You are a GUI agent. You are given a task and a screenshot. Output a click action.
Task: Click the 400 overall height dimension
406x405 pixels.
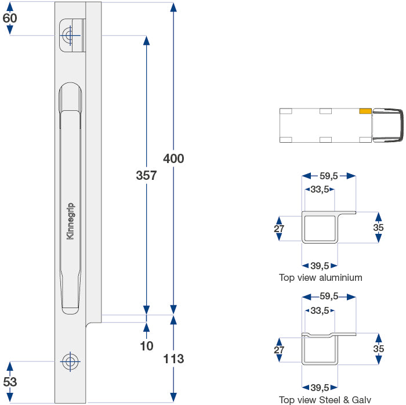point(173,158)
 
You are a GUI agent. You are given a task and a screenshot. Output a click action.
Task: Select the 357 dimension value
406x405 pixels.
point(146,175)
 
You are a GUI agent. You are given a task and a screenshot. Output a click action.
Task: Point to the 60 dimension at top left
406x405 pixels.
point(10,18)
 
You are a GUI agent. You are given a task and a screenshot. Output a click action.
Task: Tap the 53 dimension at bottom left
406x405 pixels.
point(10,381)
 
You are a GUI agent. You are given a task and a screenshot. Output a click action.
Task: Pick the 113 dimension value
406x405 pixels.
point(173,359)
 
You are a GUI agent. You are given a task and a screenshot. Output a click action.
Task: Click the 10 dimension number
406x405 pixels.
point(147,346)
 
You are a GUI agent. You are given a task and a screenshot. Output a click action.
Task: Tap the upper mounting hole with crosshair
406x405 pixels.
point(70,36)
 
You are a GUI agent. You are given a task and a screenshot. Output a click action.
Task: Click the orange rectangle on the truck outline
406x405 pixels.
point(365,111)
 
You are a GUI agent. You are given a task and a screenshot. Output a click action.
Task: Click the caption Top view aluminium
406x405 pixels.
point(320,277)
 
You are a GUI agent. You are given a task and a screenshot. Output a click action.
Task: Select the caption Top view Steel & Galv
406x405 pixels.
point(325,400)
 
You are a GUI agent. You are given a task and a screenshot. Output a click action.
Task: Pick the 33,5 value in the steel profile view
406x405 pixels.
point(320,310)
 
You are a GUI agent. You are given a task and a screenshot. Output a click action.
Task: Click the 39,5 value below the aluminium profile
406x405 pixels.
point(320,266)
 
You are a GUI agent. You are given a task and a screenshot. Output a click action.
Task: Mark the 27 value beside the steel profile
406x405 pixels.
point(279,350)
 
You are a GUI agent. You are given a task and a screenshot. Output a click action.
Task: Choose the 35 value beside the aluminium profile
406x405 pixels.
point(378,227)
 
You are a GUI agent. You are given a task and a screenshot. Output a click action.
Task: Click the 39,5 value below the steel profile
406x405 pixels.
point(320,388)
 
